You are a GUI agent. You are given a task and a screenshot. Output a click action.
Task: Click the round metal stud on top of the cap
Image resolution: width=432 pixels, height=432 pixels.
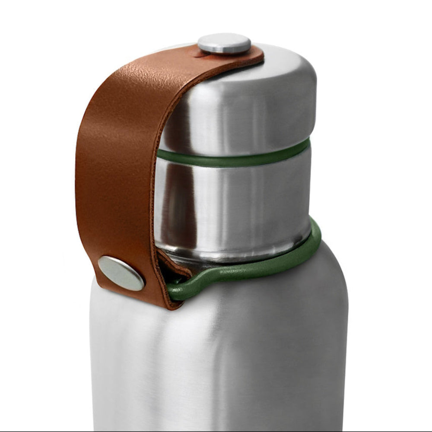(x=224, y=43)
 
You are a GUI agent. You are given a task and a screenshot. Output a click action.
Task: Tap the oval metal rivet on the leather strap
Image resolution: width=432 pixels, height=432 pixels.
(x=121, y=273)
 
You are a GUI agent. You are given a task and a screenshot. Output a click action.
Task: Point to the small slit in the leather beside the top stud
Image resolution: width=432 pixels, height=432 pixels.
(x=197, y=54)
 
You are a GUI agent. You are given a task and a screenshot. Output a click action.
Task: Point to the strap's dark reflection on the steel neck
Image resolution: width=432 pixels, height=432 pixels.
(x=173, y=203)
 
